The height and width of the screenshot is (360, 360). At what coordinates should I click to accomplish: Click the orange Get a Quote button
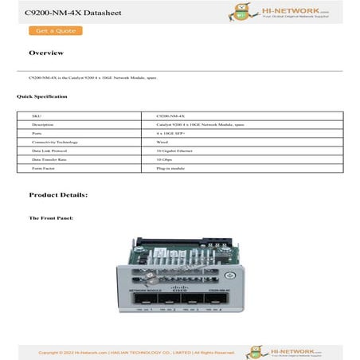pos(55,31)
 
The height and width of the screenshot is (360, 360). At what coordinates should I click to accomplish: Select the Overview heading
pos(45,53)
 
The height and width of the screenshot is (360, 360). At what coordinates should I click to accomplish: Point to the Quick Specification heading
pos(42,96)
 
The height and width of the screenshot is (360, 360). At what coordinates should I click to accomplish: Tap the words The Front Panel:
pos(51,217)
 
